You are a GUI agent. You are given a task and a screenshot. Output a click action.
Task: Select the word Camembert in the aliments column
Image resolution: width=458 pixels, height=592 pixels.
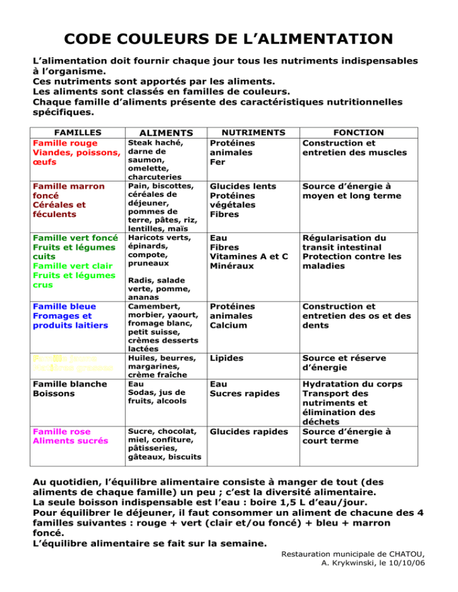point(150,306)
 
